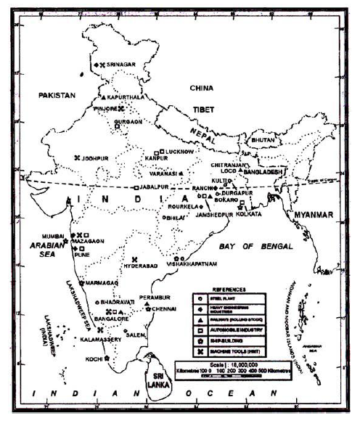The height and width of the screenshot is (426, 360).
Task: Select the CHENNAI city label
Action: coord(165,309)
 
